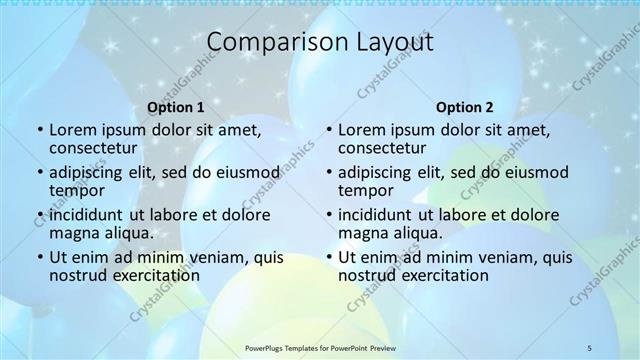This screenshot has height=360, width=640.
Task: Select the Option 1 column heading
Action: (176, 107)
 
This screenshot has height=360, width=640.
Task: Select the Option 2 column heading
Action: (465, 107)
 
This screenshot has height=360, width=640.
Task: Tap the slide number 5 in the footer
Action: (590, 347)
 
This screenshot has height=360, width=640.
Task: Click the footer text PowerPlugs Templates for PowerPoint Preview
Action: (319, 347)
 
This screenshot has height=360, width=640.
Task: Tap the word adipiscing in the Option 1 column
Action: (90, 172)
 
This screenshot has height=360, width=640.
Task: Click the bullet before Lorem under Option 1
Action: (40, 130)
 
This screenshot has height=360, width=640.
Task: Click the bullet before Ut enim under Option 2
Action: (329, 258)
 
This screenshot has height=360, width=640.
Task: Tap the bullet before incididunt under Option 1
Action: (40, 215)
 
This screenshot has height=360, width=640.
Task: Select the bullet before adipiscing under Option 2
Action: (329, 172)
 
